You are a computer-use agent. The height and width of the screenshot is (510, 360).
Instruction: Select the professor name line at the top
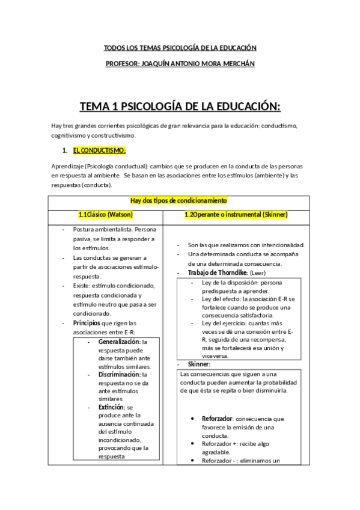click(180, 64)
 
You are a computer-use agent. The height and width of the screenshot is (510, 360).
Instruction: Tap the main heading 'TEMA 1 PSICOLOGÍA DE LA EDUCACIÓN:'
click(180, 107)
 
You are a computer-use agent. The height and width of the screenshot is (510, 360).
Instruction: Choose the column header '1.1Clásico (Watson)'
click(106, 215)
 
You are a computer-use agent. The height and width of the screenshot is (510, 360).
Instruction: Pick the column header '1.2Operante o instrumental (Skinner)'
click(236, 215)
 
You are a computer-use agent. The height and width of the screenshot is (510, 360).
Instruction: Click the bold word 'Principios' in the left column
click(88, 323)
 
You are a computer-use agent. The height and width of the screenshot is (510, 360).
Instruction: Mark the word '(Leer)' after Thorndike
click(257, 273)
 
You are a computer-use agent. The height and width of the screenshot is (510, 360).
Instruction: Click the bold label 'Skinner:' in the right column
click(199, 364)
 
